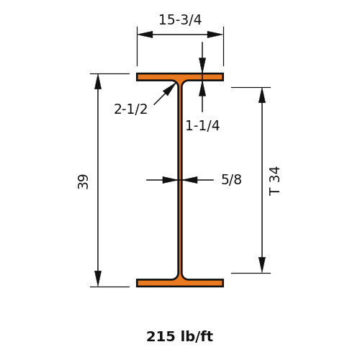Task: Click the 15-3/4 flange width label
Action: click(x=180, y=19)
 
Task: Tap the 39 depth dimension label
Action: click(x=83, y=181)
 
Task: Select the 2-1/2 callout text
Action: click(x=130, y=109)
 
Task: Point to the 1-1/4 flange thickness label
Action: click(x=202, y=125)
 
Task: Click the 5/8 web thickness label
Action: click(x=231, y=179)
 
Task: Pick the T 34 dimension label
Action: click(x=274, y=181)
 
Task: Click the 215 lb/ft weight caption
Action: click(x=180, y=336)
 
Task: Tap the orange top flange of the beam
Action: click(x=180, y=77)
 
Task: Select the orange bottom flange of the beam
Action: click(x=180, y=283)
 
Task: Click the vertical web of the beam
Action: click(x=180, y=180)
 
